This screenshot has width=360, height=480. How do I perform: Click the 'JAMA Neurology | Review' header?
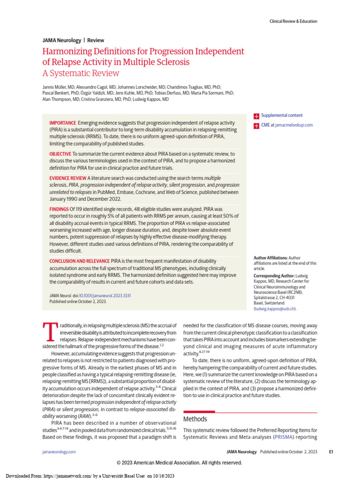[x=73, y=40]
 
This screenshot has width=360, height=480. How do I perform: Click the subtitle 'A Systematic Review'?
[x=81, y=73]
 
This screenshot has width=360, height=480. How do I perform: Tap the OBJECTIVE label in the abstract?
[x=60, y=154]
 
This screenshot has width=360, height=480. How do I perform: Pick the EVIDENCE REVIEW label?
[x=68, y=178]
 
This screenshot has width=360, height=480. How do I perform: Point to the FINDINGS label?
[x=59, y=209]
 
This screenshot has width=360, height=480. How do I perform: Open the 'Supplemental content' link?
[x=282, y=115]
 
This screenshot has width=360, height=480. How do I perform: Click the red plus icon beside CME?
[x=256, y=125]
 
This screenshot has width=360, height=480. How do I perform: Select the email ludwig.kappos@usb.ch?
[x=275, y=309]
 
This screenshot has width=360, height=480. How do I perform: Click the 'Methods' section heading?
[x=195, y=419]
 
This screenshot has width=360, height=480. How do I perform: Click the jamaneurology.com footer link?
[x=59, y=451]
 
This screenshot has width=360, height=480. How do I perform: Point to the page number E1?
[x=330, y=451]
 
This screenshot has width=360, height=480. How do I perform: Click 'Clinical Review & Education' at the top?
[x=293, y=21]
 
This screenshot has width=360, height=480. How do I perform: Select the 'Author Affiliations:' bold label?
[x=270, y=258]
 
